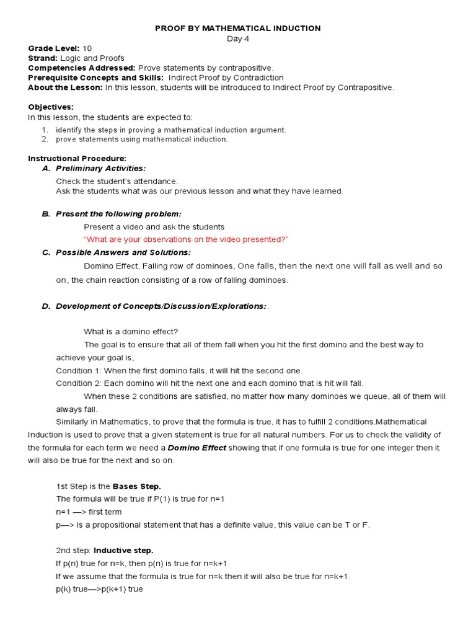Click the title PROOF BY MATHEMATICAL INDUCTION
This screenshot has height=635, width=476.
237,28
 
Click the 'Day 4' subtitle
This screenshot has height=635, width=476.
237,38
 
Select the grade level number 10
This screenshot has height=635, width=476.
87,48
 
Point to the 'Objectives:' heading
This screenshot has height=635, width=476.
51,107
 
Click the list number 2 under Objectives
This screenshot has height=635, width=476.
45,140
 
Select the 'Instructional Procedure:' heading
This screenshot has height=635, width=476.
77,159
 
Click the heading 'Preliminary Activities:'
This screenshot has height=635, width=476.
101,168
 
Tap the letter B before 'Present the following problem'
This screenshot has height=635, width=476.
45,214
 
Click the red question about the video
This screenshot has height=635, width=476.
186,239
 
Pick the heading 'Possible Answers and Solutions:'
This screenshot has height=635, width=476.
123,252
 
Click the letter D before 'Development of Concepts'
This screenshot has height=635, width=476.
45,306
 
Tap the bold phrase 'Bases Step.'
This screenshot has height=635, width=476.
136,486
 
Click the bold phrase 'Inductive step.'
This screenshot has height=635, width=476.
123,550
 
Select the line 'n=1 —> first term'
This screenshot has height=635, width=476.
89,512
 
